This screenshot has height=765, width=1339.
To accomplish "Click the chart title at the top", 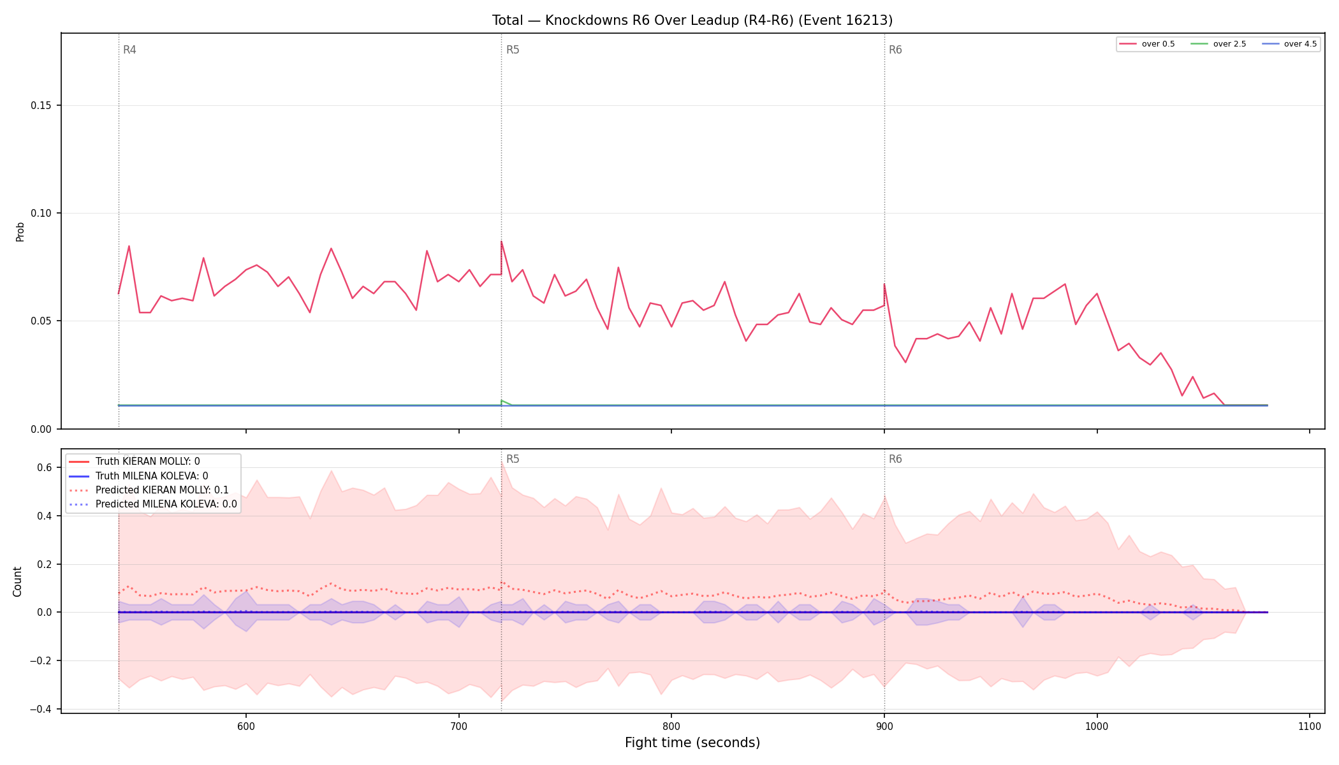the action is (692, 20).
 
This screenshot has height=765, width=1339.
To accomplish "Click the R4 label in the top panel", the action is (129, 50).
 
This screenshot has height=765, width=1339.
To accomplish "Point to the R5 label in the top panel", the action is (513, 50).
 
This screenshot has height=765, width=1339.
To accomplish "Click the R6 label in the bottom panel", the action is (895, 459).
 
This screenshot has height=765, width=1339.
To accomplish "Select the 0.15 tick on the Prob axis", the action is (41, 106).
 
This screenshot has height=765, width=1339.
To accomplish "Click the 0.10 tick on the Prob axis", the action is (41, 214).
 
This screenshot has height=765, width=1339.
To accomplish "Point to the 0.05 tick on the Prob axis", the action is (41, 321).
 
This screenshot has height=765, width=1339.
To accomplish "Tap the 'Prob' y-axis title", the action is (20, 231).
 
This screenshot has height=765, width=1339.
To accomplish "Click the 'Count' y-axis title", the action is (17, 581).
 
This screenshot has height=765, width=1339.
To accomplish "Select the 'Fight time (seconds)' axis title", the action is (692, 743).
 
